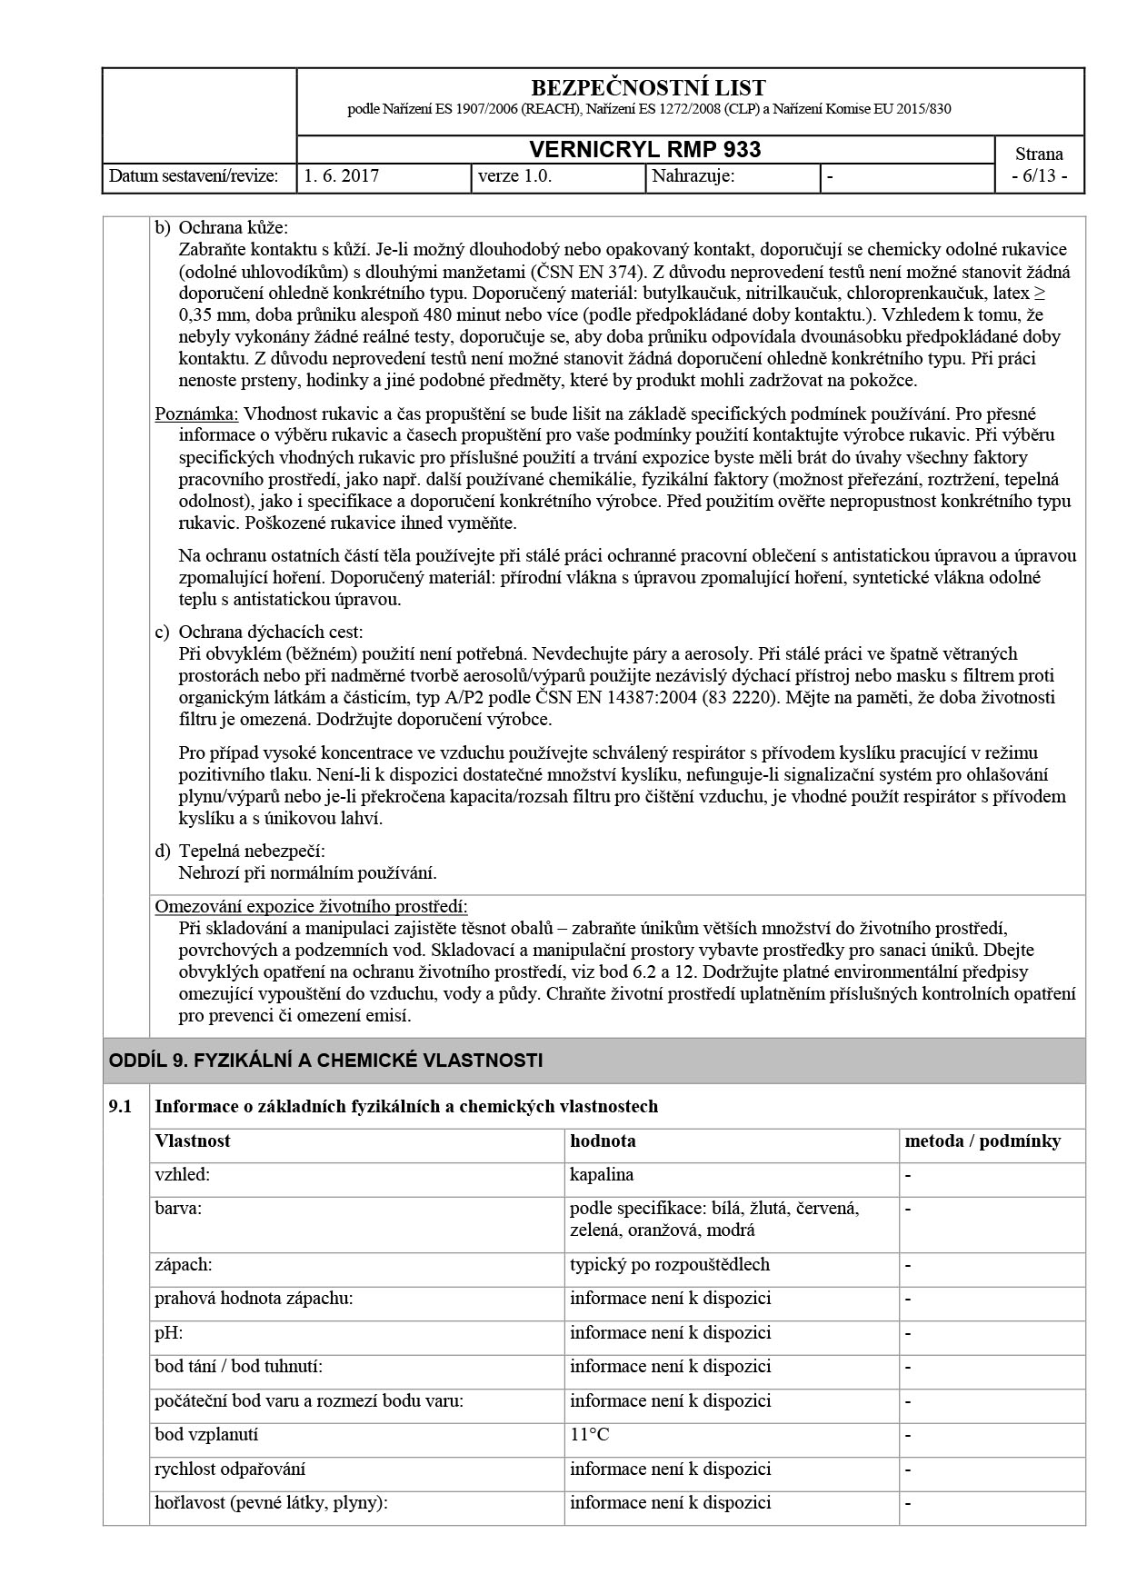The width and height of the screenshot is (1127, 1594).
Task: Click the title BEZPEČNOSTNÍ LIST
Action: (647, 88)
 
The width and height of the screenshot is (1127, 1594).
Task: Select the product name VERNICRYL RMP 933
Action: (645, 150)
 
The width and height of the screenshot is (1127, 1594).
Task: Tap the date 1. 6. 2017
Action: (342, 176)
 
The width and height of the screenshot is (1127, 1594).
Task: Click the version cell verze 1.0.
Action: (515, 176)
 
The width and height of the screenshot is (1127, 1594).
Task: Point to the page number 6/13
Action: (1039, 176)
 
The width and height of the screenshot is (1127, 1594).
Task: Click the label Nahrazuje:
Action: (693, 176)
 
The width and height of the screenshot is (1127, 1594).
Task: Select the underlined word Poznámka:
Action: (196, 413)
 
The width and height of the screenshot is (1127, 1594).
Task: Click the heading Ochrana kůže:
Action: (233, 227)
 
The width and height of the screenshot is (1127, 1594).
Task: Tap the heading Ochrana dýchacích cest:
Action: (270, 632)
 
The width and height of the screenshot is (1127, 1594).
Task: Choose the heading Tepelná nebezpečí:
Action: (251, 851)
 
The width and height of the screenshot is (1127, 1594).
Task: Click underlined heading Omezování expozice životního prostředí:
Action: (311, 906)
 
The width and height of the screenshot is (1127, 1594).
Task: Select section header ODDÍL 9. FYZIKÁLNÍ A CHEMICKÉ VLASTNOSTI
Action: (325, 1060)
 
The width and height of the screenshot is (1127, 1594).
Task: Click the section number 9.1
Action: (120, 1106)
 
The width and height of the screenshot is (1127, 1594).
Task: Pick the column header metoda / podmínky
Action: (982, 1141)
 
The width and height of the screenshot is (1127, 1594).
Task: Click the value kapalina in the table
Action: (602, 1174)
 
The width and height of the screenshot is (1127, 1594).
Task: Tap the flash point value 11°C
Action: (589, 1434)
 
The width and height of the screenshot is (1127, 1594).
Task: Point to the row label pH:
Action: (168, 1332)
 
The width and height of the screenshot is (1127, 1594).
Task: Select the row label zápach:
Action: (183, 1264)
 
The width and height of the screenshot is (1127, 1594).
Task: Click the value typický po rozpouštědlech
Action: (669, 1264)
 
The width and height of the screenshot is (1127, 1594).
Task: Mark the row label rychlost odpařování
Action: (230, 1469)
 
